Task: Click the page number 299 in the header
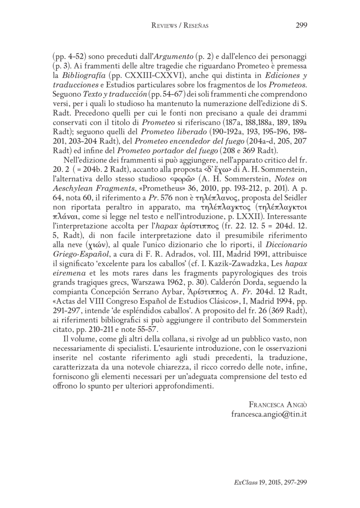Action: (301, 26)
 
